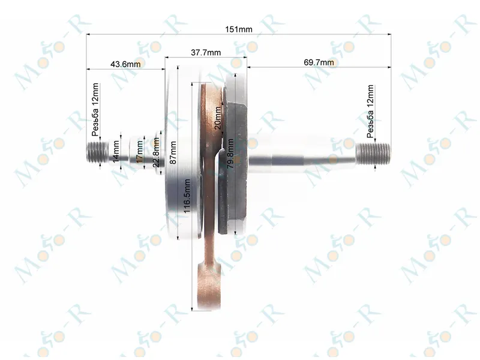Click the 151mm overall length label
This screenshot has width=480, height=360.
pos(239,29)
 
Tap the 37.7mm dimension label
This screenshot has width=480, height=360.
pos(206,52)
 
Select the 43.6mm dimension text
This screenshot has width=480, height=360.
pos(125,64)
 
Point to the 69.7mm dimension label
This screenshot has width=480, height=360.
pos(319,62)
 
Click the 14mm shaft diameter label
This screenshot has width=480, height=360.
pos(116,152)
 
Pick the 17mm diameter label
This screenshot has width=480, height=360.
pos(140,152)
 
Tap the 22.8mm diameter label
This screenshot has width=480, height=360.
pos(156,152)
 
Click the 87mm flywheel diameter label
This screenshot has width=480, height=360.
pos(173,152)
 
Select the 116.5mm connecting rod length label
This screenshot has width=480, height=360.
pos(187,196)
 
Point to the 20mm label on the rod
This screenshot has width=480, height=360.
pos(218,118)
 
